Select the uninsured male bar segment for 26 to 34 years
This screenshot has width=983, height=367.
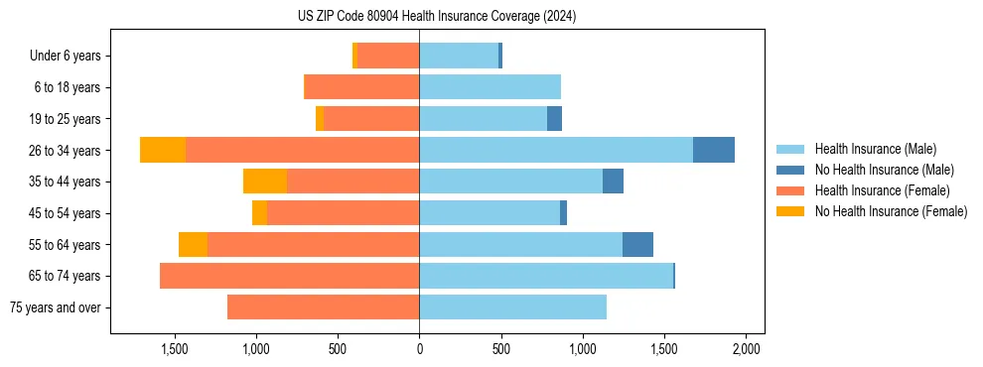tap(713, 150)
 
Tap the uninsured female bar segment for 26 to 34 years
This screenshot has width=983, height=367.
tap(163, 150)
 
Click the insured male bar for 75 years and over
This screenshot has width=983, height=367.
tap(512, 307)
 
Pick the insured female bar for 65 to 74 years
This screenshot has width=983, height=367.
tap(289, 276)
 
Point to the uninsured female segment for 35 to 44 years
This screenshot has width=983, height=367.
tap(265, 182)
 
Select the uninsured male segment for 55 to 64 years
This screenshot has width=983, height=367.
tap(637, 244)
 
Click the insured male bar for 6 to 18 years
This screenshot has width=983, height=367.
tap(490, 87)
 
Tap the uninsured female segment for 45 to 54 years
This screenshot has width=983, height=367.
tap(259, 213)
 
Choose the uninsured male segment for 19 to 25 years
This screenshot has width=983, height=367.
tap(554, 119)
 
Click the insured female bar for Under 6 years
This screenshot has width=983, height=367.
tap(388, 56)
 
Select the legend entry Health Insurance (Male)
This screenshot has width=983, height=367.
tap(875, 149)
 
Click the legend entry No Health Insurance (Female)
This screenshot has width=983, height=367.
tap(891, 211)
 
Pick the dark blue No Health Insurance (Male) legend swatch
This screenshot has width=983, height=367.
tap(790, 170)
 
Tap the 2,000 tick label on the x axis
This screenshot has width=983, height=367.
tap(746, 349)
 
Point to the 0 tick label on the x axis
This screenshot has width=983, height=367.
tap(419, 349)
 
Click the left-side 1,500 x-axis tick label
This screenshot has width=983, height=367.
tap(174, 349)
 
